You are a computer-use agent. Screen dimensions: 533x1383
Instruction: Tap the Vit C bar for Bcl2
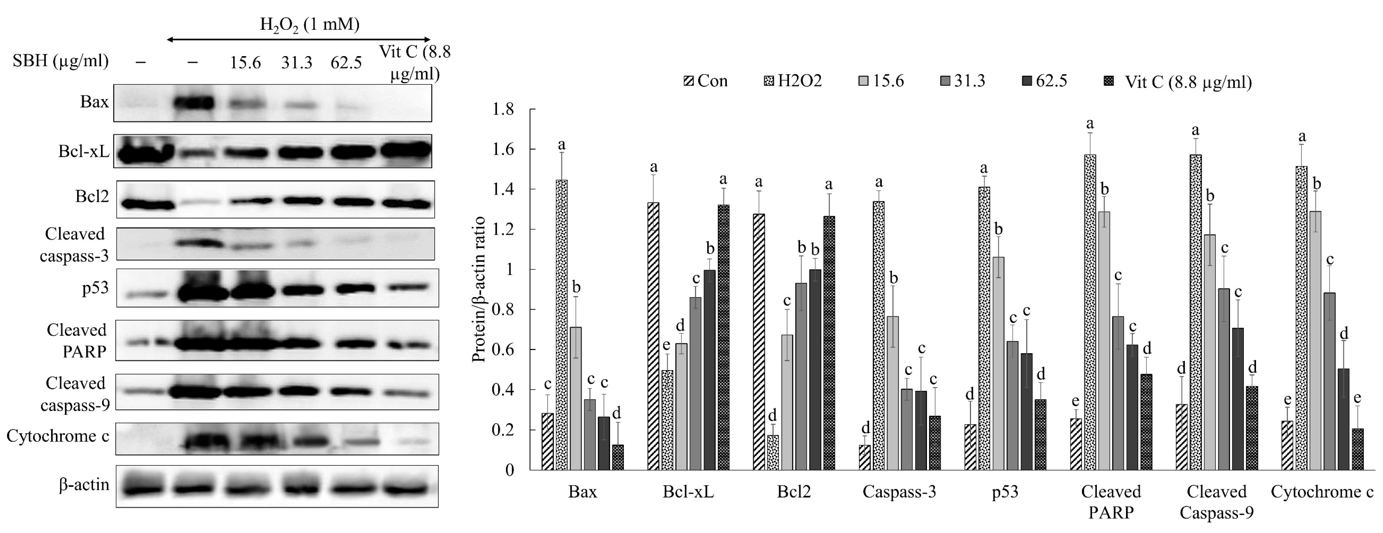828,343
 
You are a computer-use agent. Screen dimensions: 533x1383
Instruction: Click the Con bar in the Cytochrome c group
1287,445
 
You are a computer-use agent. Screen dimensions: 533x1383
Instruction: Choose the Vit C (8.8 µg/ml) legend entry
1179,82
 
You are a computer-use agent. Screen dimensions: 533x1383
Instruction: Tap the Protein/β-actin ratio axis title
479,290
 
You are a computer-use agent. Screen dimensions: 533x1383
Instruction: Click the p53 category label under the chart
1004,492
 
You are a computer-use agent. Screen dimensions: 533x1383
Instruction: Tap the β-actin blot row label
84,485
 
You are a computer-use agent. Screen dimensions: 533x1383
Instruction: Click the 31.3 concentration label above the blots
296,63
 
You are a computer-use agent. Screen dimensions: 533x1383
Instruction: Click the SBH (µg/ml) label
61,61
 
